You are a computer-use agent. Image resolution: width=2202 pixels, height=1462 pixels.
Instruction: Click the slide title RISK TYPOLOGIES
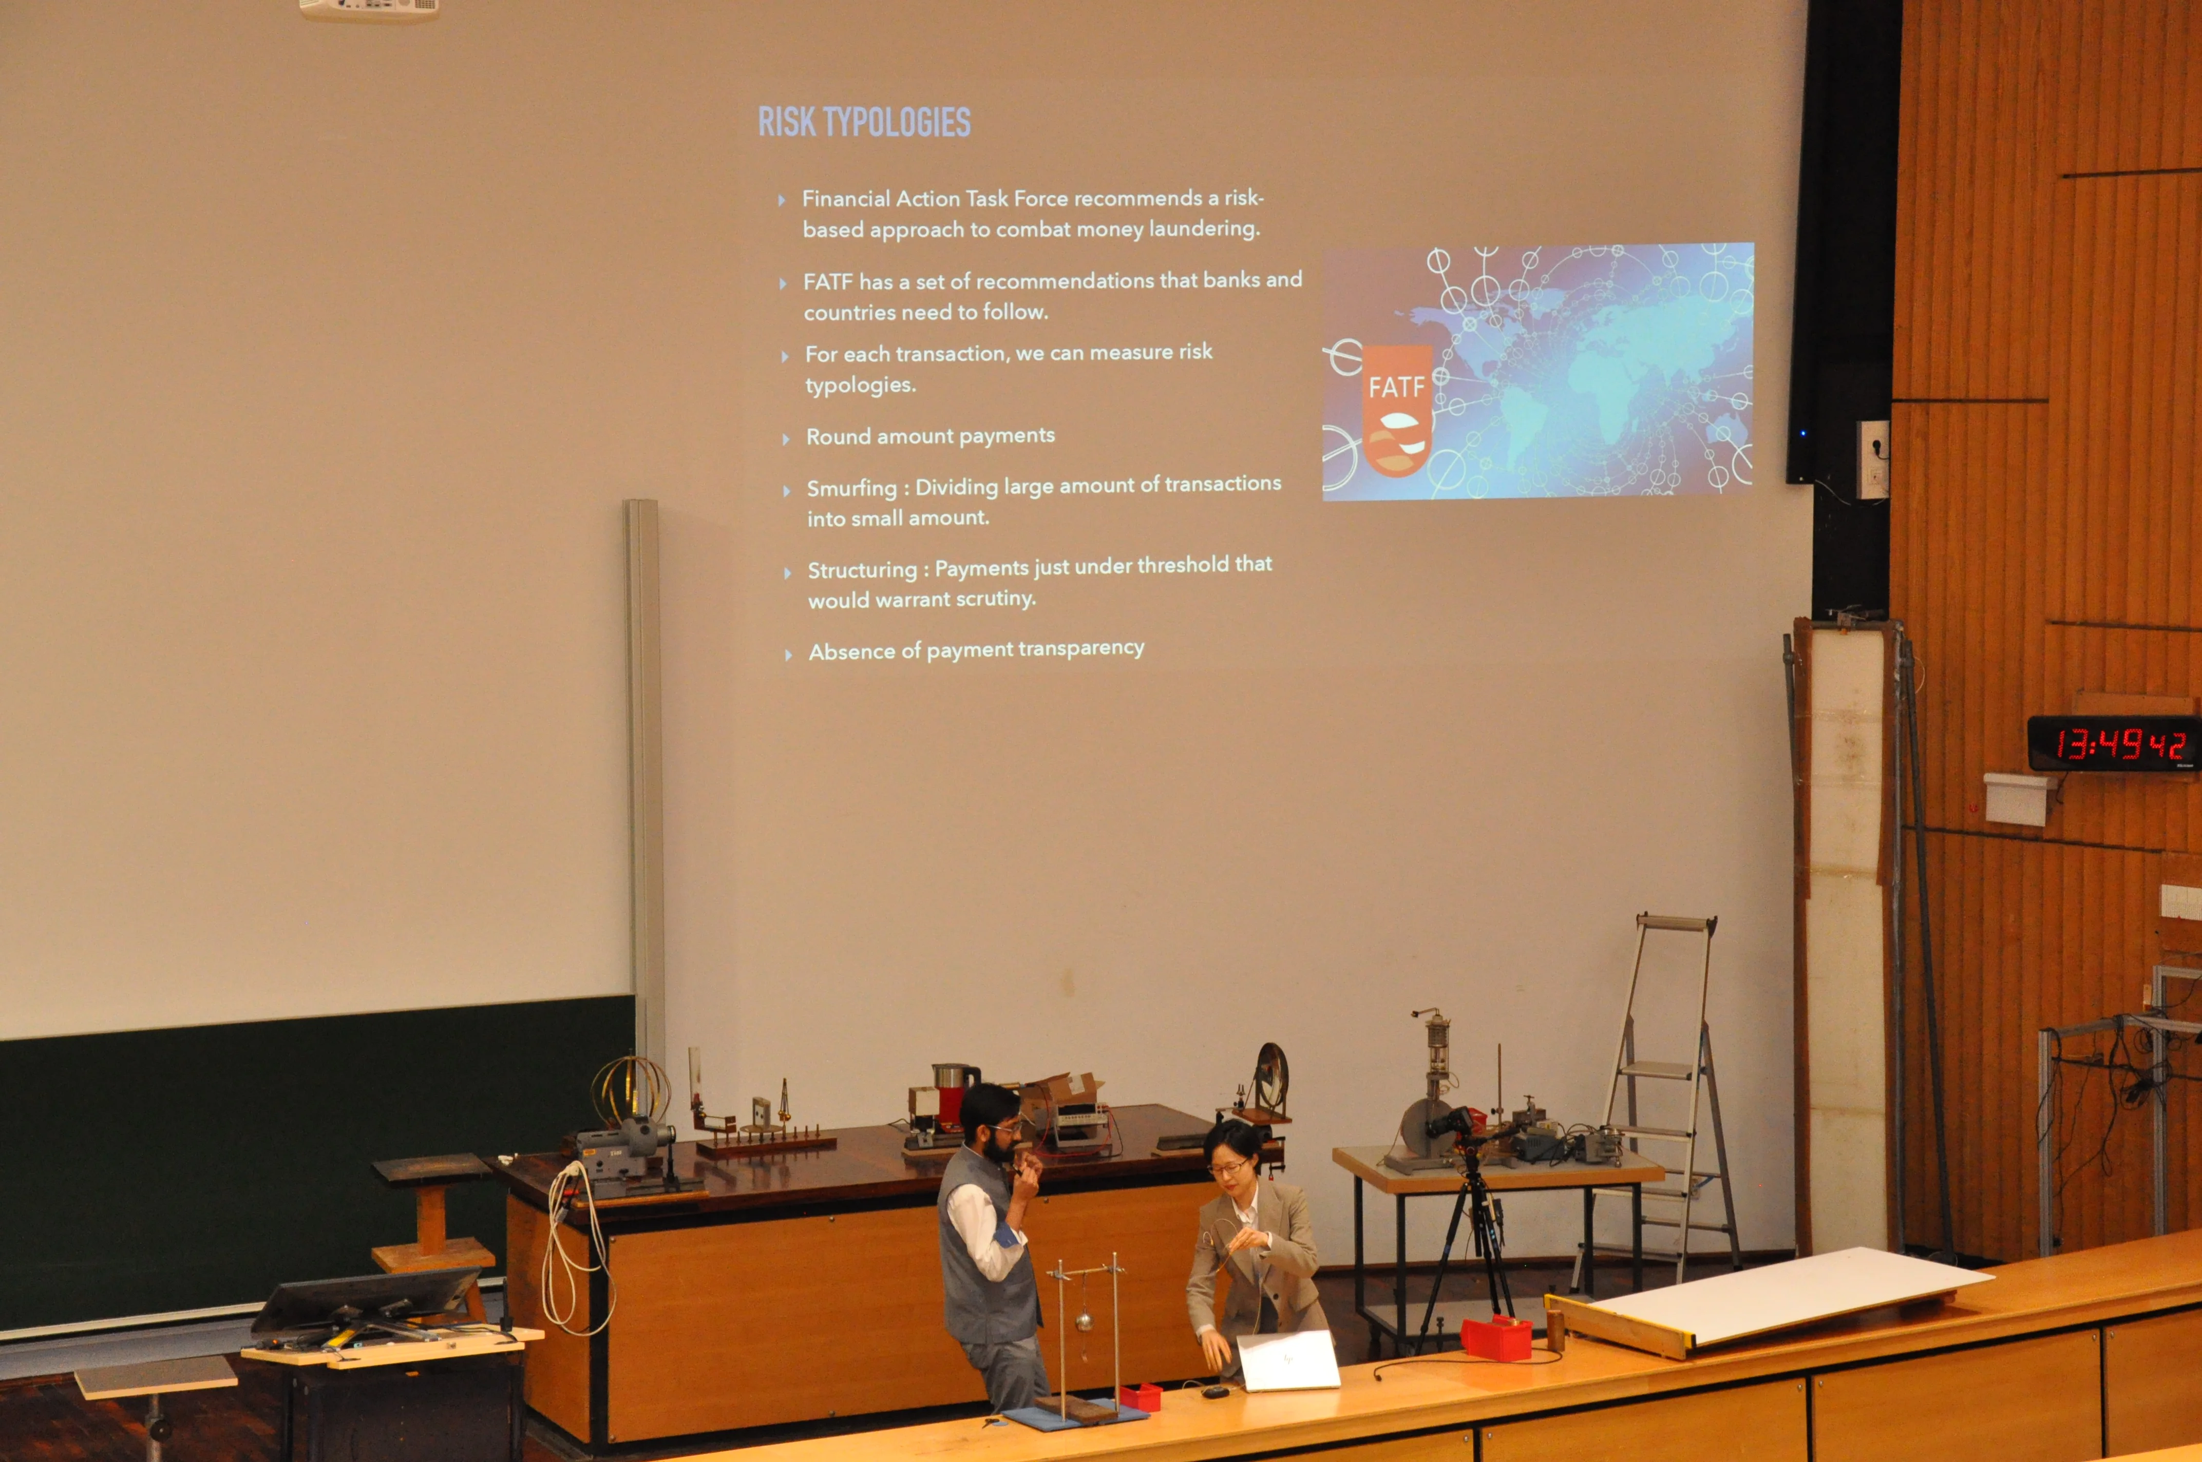tap(864, 122)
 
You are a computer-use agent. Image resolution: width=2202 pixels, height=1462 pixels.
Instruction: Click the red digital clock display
tap(2113, 744)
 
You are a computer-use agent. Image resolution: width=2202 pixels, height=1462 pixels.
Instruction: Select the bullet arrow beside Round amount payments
tap(786, 439)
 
